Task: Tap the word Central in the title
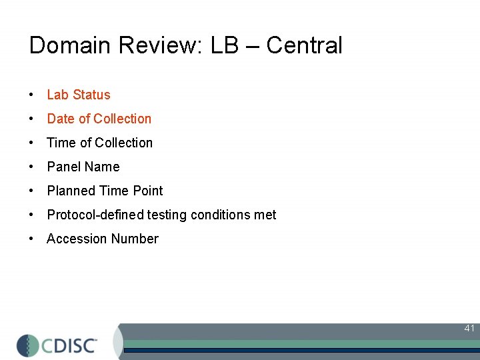pos(304,45)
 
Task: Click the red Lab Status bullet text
pos(79,95)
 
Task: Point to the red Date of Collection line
pos(99,119)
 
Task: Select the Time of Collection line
pos(100,143)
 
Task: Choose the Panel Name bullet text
pos(83,167)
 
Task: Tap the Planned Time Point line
pos(105,191)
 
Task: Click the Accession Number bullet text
pos(103,239)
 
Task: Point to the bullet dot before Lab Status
pos(32,95)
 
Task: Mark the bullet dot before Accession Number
pos(32,239)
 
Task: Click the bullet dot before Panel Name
pos(32,167)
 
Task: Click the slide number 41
pos(469,328)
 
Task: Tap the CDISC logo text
pos(70,345)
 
